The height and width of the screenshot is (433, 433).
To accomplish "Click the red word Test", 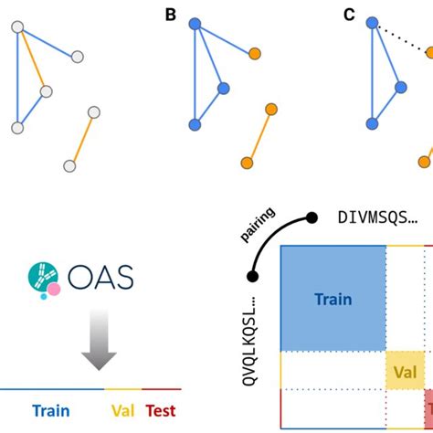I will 159,411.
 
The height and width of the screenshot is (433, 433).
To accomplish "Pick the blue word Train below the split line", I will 52,411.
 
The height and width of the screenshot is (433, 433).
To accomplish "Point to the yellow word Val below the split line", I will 121,411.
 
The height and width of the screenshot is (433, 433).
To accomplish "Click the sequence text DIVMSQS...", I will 377,217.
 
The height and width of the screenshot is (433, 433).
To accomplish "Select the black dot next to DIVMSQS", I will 312,217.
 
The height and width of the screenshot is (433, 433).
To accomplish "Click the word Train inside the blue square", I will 333,299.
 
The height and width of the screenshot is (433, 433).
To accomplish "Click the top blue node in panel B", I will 194,26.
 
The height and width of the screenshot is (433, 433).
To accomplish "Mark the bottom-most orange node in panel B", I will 247,163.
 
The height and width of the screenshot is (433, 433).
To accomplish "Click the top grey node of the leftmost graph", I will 16,28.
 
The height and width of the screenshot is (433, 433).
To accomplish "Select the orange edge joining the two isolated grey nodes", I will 81,139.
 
